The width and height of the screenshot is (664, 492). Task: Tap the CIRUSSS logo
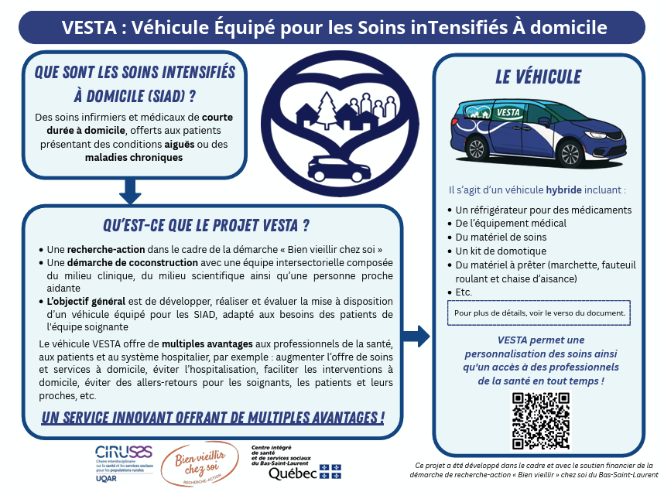pos(125,463)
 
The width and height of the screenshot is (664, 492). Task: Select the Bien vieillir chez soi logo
pos(198,463)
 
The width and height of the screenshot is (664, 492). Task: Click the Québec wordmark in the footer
pos(294,473)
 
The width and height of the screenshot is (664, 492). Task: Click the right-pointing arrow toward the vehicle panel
pos(417,336)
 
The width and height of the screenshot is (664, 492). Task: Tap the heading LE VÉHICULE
pos(538,77)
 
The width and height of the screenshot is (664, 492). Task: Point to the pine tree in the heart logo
pos(327,108)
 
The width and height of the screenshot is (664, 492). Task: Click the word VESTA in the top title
pos(87,28)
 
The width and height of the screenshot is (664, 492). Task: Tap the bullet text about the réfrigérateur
pos(543,210)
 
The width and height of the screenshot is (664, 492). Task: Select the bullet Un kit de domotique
pos(501,251)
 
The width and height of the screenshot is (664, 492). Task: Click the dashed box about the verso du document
pos(539,313)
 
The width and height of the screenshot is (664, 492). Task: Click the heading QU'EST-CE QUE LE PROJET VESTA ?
pos(206,226)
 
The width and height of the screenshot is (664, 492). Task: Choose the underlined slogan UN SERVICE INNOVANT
pos(213,419)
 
